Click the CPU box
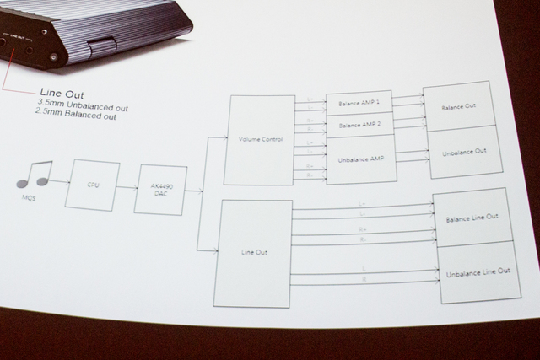(94, 185)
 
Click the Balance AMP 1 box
(359, 102)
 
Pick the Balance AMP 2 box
(359, 124)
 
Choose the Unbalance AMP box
(360, 159)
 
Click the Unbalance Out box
(462, 152)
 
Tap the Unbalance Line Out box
(475, 271)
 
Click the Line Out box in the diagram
(253, 253)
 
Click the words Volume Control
(260, 139)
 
